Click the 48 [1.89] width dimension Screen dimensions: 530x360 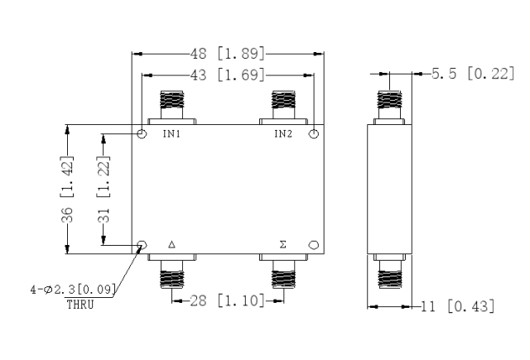[228, 53]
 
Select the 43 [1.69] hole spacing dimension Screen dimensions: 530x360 [228, 74]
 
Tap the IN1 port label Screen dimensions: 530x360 [171, 134]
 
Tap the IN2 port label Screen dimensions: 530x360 [283, 134]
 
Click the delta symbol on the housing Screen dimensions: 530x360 [171, 244]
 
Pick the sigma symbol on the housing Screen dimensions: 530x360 [283, 244]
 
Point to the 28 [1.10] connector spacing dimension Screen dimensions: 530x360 [228, 300]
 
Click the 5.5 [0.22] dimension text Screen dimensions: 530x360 [473, 74]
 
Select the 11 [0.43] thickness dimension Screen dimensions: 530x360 [458, 306]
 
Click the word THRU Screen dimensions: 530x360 [80, 305]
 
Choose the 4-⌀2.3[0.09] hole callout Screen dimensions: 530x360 [74, 290]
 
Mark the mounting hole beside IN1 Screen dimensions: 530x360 [142, 134]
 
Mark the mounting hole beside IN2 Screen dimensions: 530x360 [314, 134]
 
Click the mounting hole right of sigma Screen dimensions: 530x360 [314, 245]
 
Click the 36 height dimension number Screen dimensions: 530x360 [67, 215]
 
